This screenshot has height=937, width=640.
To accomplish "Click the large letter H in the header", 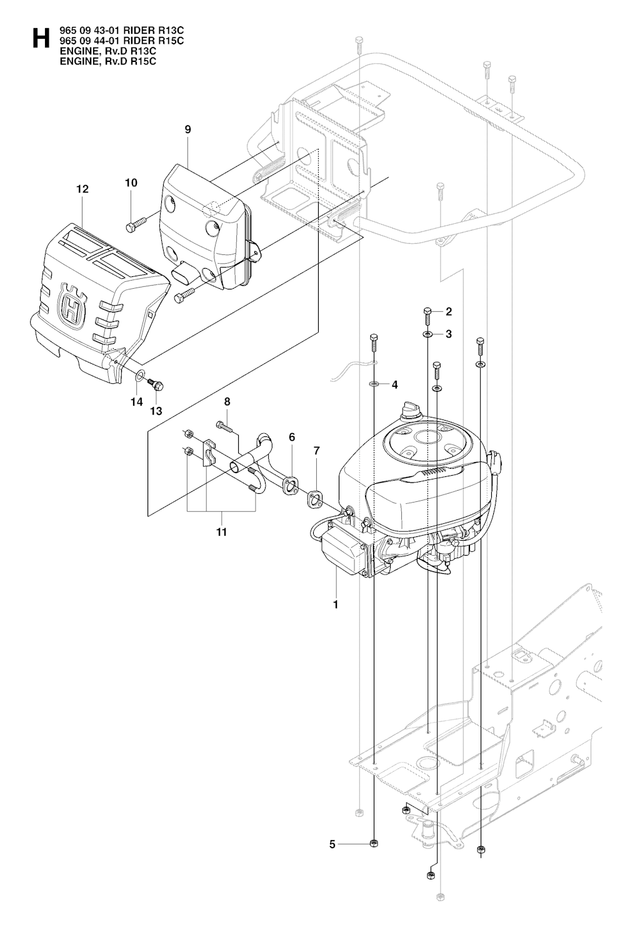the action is (x=41, y=38).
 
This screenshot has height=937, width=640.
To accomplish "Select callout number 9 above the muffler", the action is (x=187, y=129).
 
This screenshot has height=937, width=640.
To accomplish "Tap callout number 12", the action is (x=83, y=189).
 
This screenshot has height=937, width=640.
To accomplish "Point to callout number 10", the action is (x=131, y=183).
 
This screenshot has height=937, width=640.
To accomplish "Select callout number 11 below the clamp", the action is (x=221, y=532).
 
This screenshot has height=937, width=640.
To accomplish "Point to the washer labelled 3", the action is (x=427, y=334).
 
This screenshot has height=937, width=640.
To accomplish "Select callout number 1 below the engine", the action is (x=335, y=604).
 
